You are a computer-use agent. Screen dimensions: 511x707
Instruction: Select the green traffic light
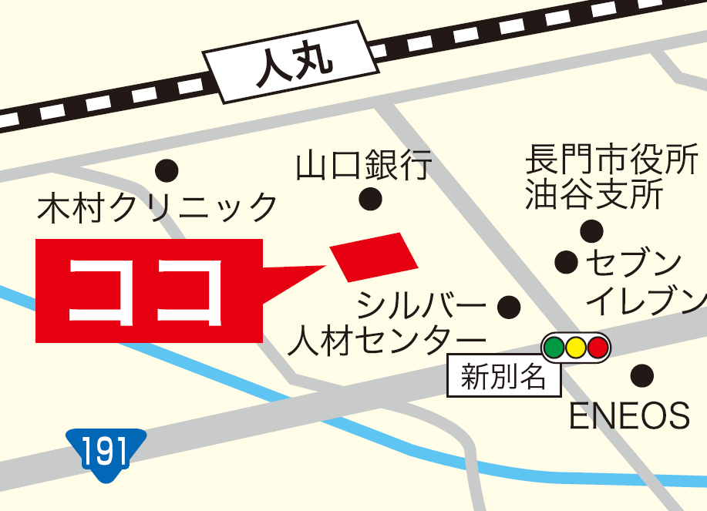pos(554,348)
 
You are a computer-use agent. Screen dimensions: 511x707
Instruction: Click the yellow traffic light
pos(575,348)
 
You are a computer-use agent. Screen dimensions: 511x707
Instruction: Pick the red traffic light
pos(598,348)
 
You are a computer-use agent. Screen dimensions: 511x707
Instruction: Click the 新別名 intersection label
pos(504,378)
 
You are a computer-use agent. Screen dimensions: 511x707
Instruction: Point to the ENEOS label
pos(628,416)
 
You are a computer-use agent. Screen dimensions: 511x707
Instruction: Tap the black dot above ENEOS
pos(641,376)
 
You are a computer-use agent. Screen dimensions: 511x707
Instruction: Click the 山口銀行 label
pos(364,166)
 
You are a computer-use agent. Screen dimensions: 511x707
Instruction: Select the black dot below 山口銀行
pos(371,200)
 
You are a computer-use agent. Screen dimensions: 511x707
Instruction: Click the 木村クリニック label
pos(157,208)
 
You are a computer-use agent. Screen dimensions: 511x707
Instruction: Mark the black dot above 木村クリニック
pos(167,170)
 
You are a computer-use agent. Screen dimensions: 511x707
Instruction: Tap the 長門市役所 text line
pos(611,162)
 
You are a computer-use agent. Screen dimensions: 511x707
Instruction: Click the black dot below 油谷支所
pos(591,230)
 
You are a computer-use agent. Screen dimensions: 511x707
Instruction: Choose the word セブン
pos(634,263)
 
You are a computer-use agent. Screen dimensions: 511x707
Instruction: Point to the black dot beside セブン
pos(567,262)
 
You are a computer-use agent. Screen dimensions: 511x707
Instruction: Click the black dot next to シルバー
pos(509,308)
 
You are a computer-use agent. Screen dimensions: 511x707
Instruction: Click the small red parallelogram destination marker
pos(374,257)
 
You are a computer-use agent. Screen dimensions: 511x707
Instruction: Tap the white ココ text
pos(146,291)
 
